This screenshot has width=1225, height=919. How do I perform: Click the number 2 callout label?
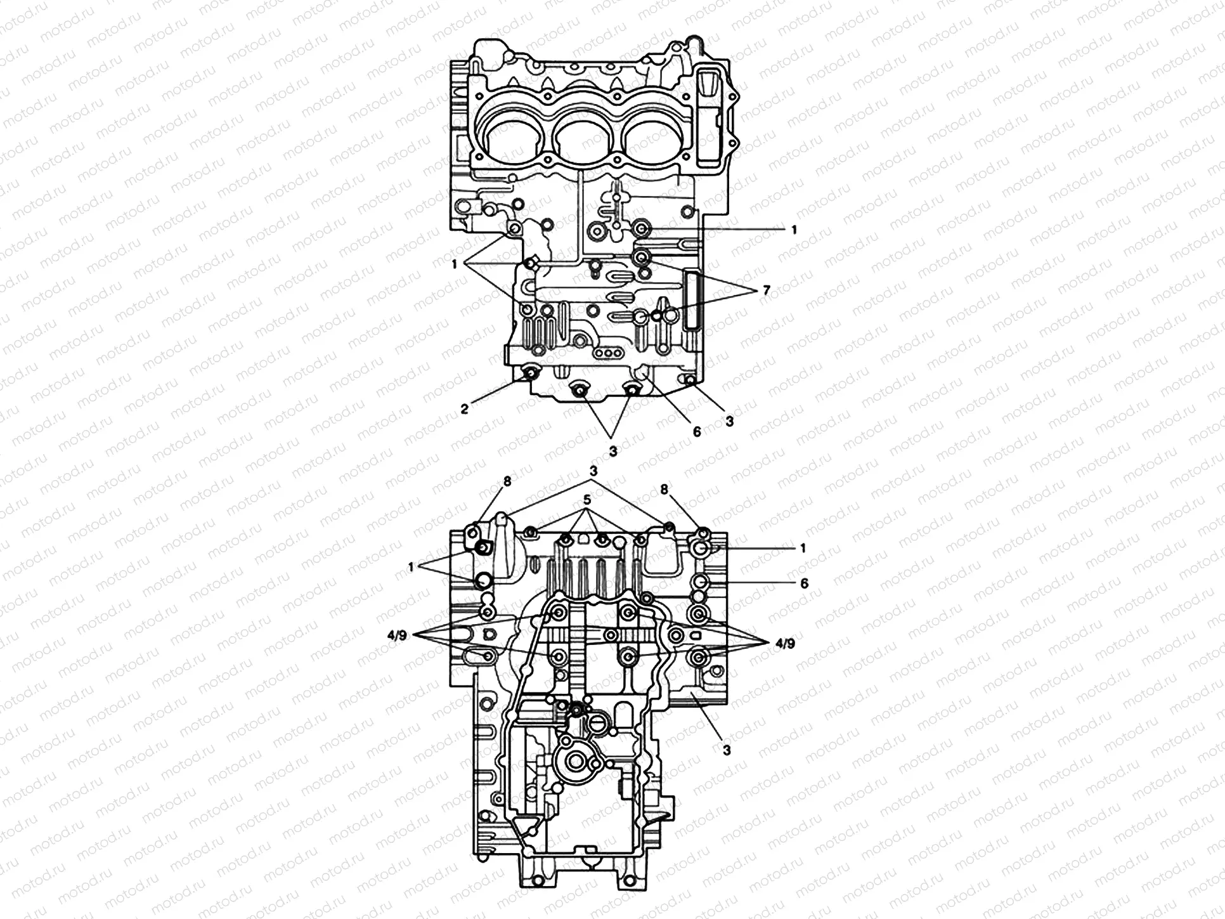465,409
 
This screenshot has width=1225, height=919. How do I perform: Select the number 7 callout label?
766,291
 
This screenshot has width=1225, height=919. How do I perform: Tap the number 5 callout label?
588,500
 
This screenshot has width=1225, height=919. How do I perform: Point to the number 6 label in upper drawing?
697,432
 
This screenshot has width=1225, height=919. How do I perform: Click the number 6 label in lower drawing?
804,582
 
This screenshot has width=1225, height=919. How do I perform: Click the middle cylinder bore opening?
581,142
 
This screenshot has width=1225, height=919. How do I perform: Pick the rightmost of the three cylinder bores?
650,142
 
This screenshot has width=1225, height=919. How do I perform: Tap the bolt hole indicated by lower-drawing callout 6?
700,582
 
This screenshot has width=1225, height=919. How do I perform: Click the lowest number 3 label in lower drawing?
727,750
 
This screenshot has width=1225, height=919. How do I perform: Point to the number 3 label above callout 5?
593,471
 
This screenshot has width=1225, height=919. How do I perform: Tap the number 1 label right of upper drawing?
794,230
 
